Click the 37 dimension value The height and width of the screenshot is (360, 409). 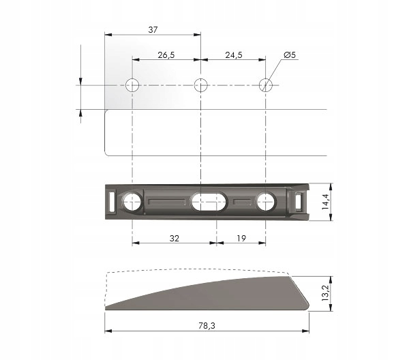tap(152, 29)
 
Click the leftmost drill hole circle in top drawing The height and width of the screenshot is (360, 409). tap(132, 85)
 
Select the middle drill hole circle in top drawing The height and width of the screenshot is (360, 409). tap(200, 85)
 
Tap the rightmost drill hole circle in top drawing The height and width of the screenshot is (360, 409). tap(267, 85)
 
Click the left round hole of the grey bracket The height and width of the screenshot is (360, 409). tap(132, 201)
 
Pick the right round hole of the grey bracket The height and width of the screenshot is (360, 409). tap(267, 201)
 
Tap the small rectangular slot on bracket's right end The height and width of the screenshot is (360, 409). tap(301, 201)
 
